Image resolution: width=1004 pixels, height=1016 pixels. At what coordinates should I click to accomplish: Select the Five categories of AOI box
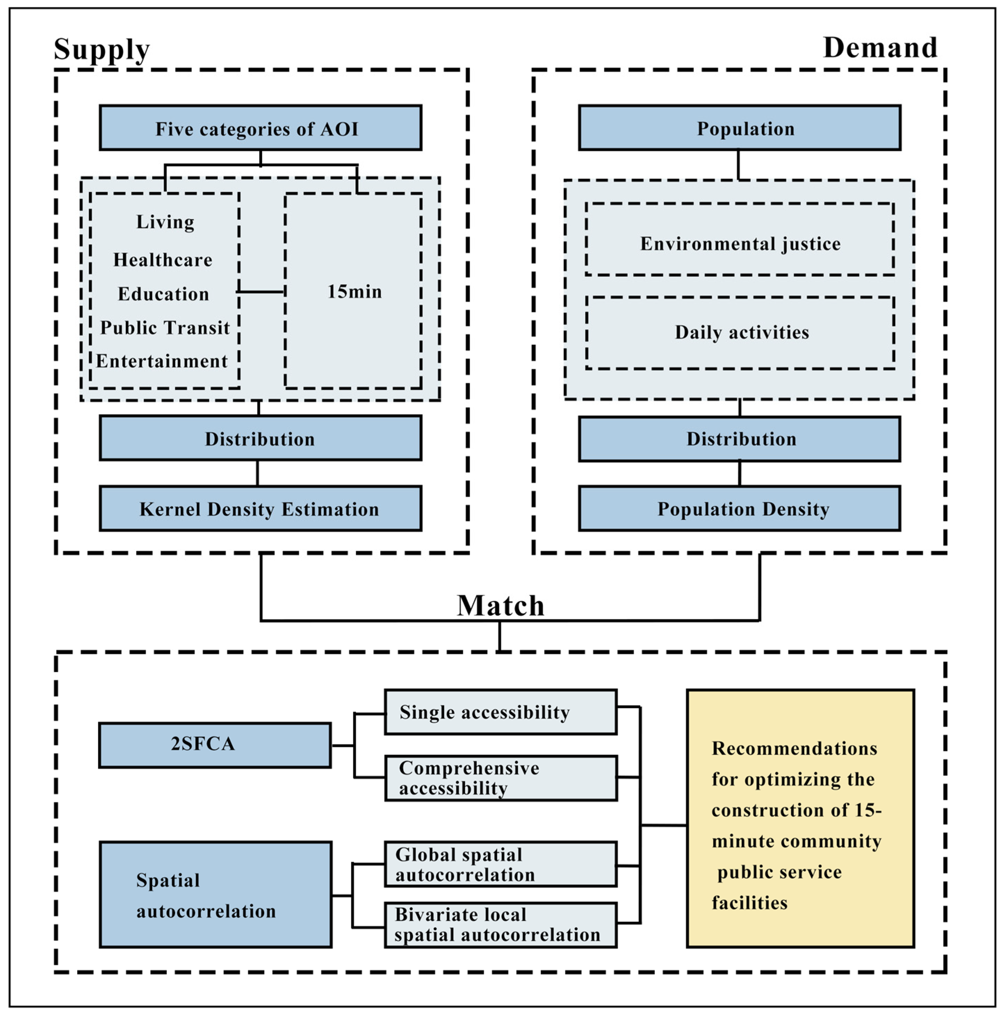pos(260,128)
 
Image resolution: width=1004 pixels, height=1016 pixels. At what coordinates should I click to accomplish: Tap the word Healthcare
pos(163,260)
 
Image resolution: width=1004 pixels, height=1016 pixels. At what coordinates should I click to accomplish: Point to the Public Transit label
pos(165,328)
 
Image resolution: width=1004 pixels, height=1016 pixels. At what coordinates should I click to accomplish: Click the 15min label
pos(354,291)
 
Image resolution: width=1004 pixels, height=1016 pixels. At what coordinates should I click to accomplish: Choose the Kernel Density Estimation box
pos(260,509)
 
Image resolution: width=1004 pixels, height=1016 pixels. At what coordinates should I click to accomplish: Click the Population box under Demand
pos(740,128)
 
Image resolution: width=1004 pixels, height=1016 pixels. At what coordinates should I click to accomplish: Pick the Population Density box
pos(740,509)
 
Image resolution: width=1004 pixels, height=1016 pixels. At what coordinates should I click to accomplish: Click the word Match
pos(500,605)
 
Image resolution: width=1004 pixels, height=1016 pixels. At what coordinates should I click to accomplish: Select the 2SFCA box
pos(214,745)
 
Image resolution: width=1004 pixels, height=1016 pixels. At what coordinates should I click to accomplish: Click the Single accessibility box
pos(500,712)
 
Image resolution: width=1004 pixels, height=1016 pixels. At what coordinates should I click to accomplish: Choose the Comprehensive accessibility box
pos(500,778)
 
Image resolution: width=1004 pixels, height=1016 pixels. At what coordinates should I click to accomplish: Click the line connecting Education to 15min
pos(261,291)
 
